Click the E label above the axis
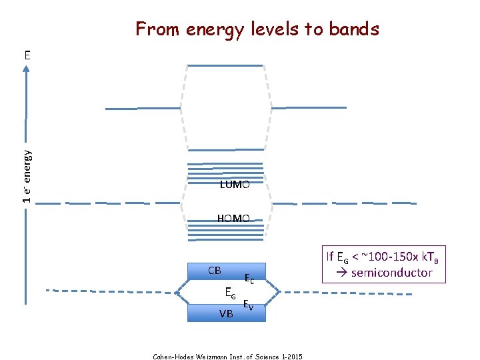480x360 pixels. click(27, 54)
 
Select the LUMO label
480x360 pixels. click(235, 185)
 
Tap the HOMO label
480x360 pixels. click(233, 218)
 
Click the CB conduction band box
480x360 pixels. click(226, 271)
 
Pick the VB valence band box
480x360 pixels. click(226, 313)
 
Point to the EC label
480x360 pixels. click(249, 278)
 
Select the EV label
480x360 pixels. click(247, 305)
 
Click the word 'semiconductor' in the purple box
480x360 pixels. click(392, 273)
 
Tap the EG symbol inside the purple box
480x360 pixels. click(341, 257)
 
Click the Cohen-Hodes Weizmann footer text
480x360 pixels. click(227, 357)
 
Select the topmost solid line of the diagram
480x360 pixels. click(225, 65)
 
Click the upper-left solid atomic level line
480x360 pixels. click(134, 108)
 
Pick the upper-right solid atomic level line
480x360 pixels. click(309, 107)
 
